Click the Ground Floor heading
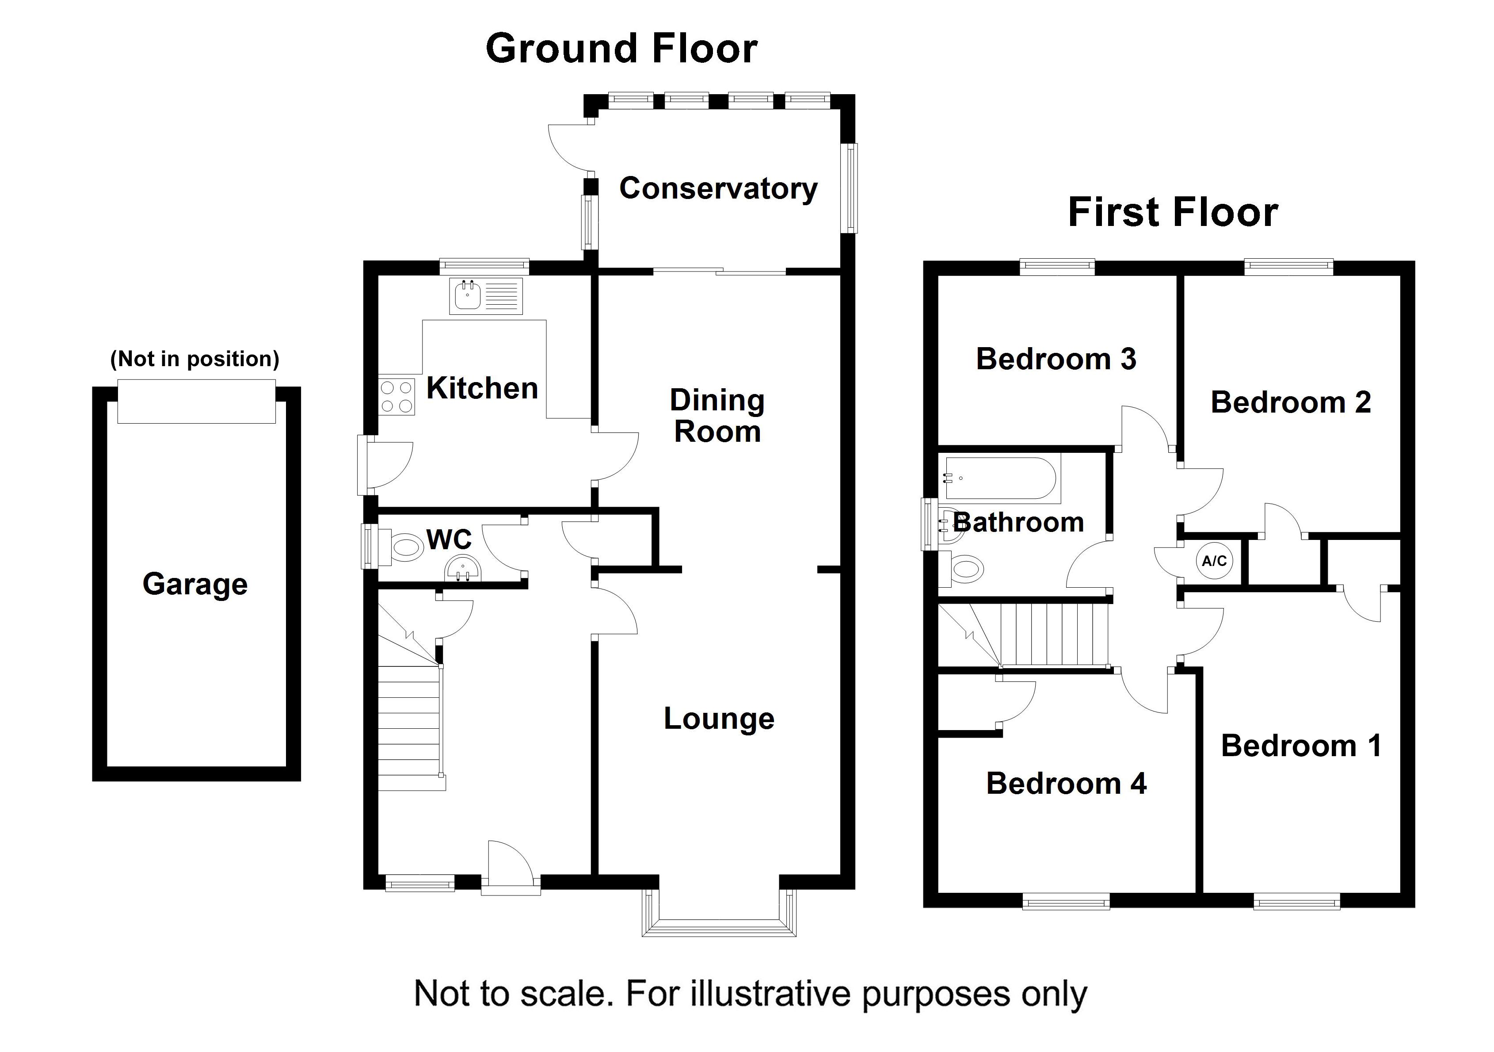[621, 49]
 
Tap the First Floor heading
[1173, 212]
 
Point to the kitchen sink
[485, 297]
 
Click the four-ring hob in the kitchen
[396, 397]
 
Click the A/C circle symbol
[1214, 561]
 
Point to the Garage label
[195, 584]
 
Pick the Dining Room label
[717, 416]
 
